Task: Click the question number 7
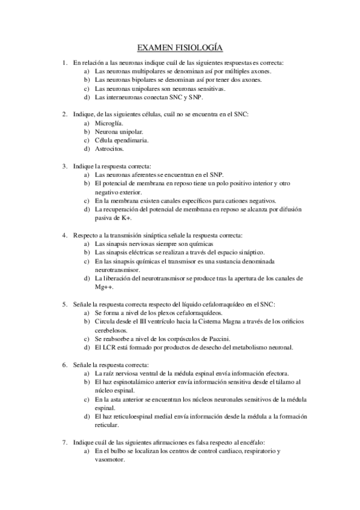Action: pos(64,442)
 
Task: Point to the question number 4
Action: pos(64,235)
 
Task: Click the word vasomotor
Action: pos(110,459)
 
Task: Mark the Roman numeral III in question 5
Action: pos(142,322)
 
